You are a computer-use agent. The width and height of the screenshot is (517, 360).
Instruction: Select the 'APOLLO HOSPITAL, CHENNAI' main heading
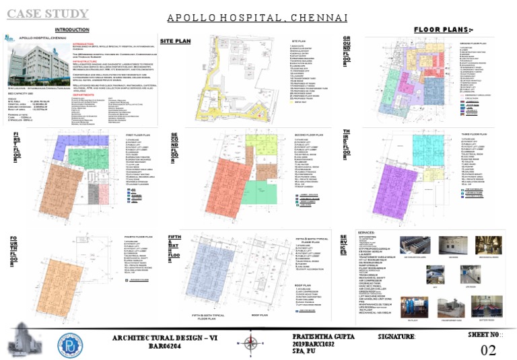[257, 16]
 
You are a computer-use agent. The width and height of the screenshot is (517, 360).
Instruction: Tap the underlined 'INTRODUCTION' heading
[71, 30]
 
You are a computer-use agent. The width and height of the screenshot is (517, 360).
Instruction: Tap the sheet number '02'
[489, 349]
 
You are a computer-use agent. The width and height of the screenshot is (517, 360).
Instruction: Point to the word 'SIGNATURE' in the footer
[397, 335]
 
